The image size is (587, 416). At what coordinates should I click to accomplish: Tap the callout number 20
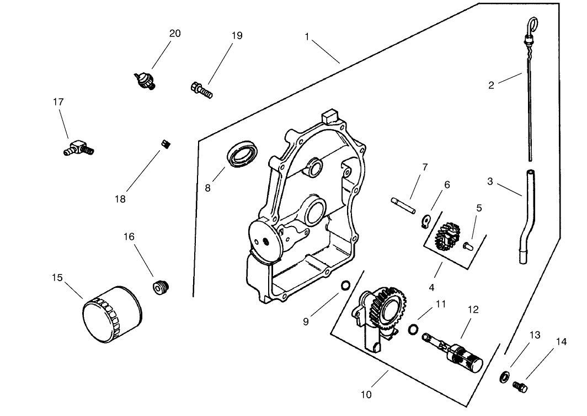click(174, 34)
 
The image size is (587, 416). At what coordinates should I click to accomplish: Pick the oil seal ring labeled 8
click(242, 154)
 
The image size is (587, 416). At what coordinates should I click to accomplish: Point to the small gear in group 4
click(445, 234)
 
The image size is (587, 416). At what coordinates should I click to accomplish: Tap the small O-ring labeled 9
click(344, 285)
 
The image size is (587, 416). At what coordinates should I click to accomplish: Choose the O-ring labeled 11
click(411, 330)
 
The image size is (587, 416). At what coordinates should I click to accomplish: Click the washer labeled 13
click(504, 377)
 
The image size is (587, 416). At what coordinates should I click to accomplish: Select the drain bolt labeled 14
click(520, 386)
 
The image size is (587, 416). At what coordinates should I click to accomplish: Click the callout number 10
click(366, 394)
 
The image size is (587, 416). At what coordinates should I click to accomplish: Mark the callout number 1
click(307, 36)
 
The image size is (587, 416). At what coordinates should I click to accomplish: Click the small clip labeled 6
click(426, 222)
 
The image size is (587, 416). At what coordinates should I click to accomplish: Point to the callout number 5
click(479, 208)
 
